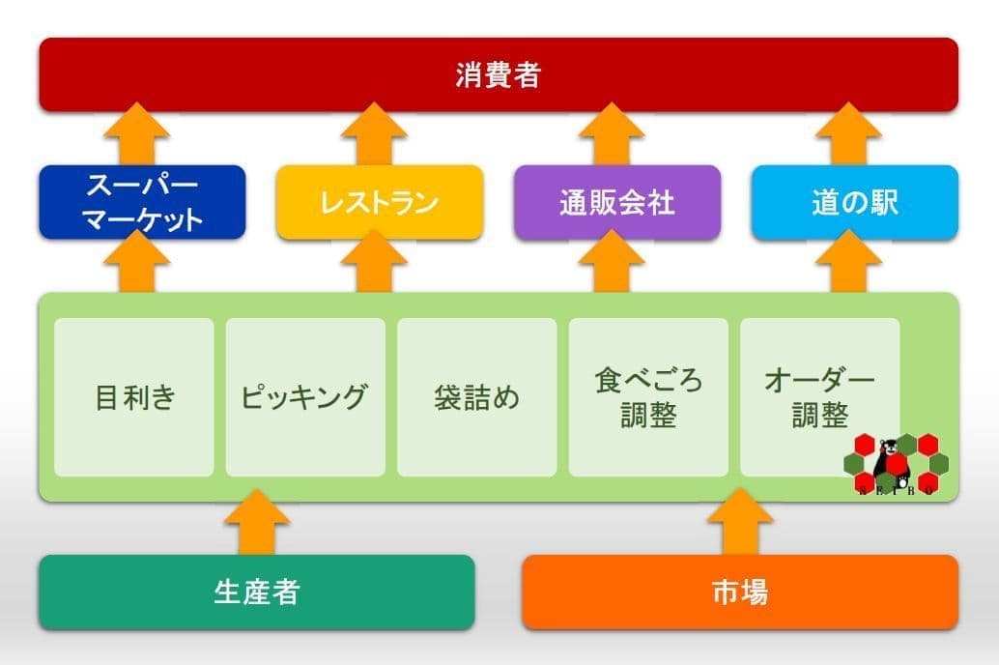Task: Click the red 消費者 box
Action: (x=498, y=74)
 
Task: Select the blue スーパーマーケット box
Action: (x=142, y=202)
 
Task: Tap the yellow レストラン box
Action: (x=379, y=202)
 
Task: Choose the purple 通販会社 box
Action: (x=616, y=202)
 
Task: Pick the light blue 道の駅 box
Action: (x=854, y=202)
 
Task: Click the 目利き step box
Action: (x=133, y=397)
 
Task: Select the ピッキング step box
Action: (x=305, y=397)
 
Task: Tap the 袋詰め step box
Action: (x=476, y=397)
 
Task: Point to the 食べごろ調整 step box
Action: (x=648, y=397)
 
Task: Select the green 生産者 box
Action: (x=256, y=592)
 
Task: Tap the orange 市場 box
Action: (x=740, y=592)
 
